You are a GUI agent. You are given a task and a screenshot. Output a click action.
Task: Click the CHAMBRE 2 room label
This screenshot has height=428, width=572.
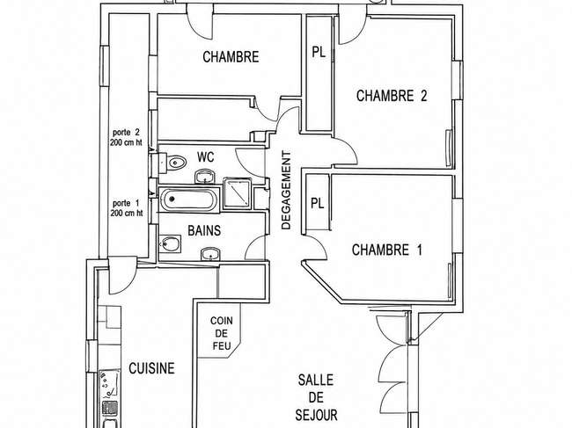392,96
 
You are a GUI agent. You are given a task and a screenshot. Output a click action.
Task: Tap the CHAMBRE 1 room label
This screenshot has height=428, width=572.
387,250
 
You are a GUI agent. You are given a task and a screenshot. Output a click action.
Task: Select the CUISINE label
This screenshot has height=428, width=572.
151,368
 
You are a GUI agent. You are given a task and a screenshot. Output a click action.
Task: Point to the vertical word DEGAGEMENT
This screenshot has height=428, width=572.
287,190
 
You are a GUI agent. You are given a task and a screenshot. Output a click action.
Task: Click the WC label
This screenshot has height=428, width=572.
205,157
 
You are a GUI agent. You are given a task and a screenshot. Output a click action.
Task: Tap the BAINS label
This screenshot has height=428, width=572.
204,230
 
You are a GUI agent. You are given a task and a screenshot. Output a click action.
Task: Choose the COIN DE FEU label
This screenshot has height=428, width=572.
222,333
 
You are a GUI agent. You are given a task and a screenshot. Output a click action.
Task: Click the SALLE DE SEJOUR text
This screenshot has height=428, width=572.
316,397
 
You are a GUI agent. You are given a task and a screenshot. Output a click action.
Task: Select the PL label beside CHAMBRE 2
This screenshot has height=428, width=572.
319,52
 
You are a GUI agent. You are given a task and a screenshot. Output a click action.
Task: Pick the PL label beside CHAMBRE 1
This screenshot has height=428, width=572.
318,203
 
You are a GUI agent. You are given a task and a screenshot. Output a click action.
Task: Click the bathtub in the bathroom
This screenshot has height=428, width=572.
189,199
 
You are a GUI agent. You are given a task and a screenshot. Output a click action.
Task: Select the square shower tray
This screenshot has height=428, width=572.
237,193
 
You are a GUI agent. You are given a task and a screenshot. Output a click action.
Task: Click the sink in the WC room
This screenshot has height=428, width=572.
206,177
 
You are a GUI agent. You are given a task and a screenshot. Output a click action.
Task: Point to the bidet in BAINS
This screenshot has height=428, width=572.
170,243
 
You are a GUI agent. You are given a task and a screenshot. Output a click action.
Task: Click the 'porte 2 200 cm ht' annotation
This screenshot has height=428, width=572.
126,137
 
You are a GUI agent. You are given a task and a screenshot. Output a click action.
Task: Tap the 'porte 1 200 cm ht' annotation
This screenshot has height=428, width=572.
127,208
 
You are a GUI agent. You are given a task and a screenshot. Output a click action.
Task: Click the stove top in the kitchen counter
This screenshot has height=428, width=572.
109,385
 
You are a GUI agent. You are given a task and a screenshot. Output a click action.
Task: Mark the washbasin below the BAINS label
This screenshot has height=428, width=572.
210,253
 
